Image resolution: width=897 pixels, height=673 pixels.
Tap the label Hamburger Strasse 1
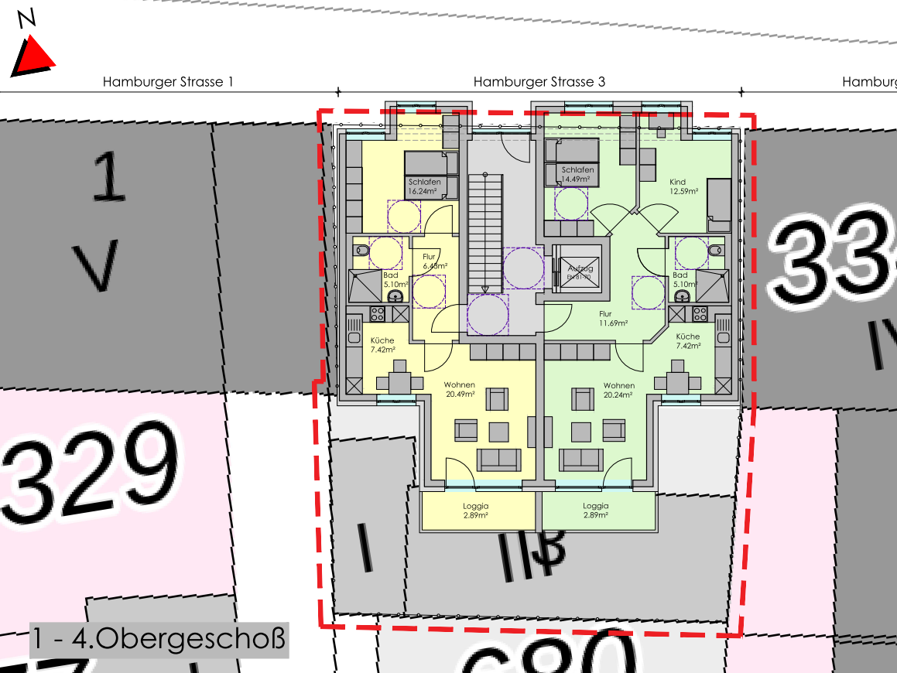pos(168,81)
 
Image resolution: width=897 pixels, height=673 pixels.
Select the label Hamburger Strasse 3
pos(539,81)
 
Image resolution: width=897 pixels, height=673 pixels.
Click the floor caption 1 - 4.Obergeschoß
pos(159,640)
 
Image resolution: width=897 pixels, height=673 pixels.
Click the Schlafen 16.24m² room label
pos(424,186)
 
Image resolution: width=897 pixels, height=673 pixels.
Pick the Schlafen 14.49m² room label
pos(577,174)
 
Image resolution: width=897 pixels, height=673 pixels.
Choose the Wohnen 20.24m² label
pos(618,389)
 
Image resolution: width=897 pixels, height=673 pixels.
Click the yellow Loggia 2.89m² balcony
pos(477,510)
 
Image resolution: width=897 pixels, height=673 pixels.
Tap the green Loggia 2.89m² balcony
pos(595,510)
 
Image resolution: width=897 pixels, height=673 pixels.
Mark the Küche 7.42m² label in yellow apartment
pos(382,344)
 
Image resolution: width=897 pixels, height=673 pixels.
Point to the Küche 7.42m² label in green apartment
pos(687,340)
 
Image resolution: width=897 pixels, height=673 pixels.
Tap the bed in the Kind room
pos(719,203)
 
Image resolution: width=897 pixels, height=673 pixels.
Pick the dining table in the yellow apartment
pos(399,381)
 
